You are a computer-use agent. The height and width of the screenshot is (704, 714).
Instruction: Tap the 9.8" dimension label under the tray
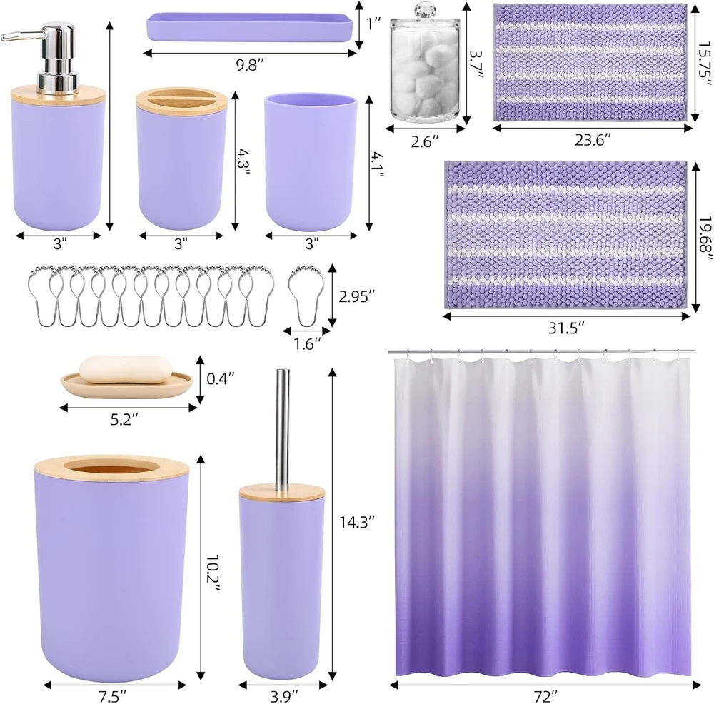[x=250, y=65]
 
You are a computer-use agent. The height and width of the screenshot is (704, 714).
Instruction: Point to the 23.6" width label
[x=592, y=140]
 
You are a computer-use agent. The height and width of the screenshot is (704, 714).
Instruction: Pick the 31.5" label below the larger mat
[x=566, y=328]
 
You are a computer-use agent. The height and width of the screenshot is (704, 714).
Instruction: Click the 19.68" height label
[x=705, y=239]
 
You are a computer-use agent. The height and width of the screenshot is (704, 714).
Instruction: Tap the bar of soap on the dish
[x=126, y=369]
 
